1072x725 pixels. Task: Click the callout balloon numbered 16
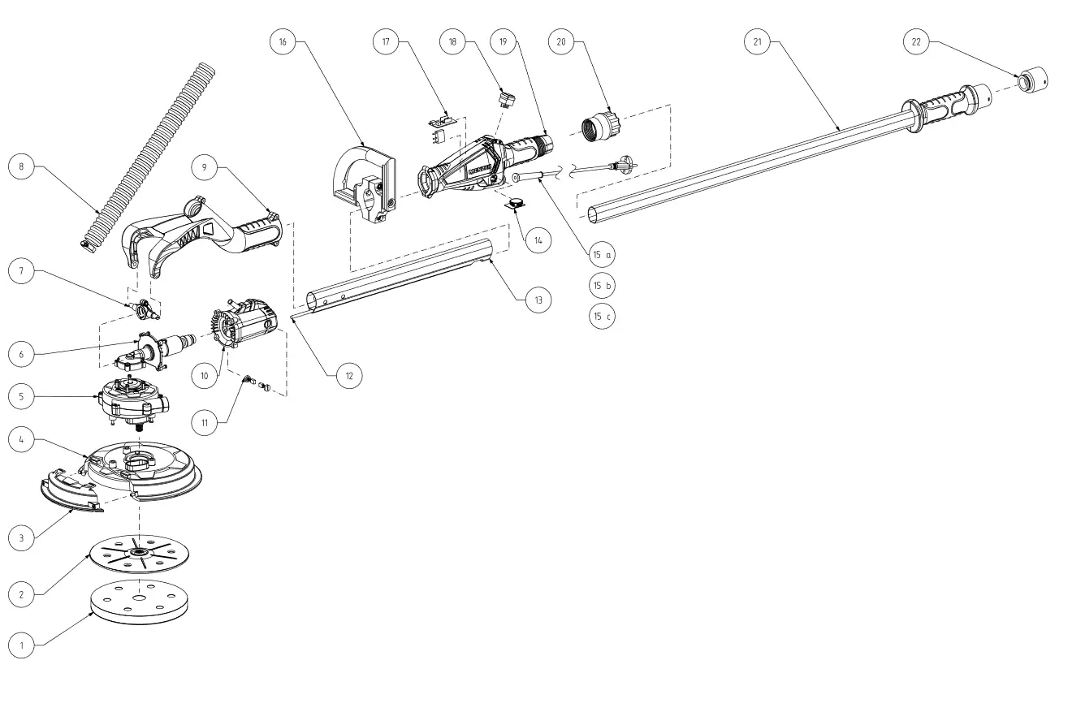[x=283, y=43]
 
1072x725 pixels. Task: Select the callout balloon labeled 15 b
[x=602, y=286]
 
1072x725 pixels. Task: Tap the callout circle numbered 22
[x=917, y=43]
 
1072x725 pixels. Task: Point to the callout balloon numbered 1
[x=21, y=645]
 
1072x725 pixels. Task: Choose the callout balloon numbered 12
[x=349, y=375]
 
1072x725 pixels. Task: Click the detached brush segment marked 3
[x=68, y=494]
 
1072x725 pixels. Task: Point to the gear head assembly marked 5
[x=133, y=400]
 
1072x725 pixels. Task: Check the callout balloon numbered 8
[x=21, y=168]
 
